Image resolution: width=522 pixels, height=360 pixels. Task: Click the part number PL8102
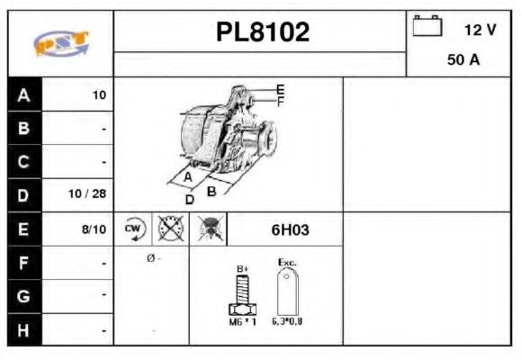pos(262,32)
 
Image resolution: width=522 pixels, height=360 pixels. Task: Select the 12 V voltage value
pos(480,30)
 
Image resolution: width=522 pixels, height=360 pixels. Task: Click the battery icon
pos(427,27)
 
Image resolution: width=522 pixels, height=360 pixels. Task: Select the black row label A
pos(23,94)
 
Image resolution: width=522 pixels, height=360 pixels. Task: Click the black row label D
pos(23,193)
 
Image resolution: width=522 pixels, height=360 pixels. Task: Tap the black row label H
pos(23,329)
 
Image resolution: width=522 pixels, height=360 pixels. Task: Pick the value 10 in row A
pos(99,94)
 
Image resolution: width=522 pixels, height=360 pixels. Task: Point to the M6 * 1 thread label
pos(242,322)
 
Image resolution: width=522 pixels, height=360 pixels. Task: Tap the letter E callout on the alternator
pos(280,89)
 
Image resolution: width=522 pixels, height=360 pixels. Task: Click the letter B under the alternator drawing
pos(211,191)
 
